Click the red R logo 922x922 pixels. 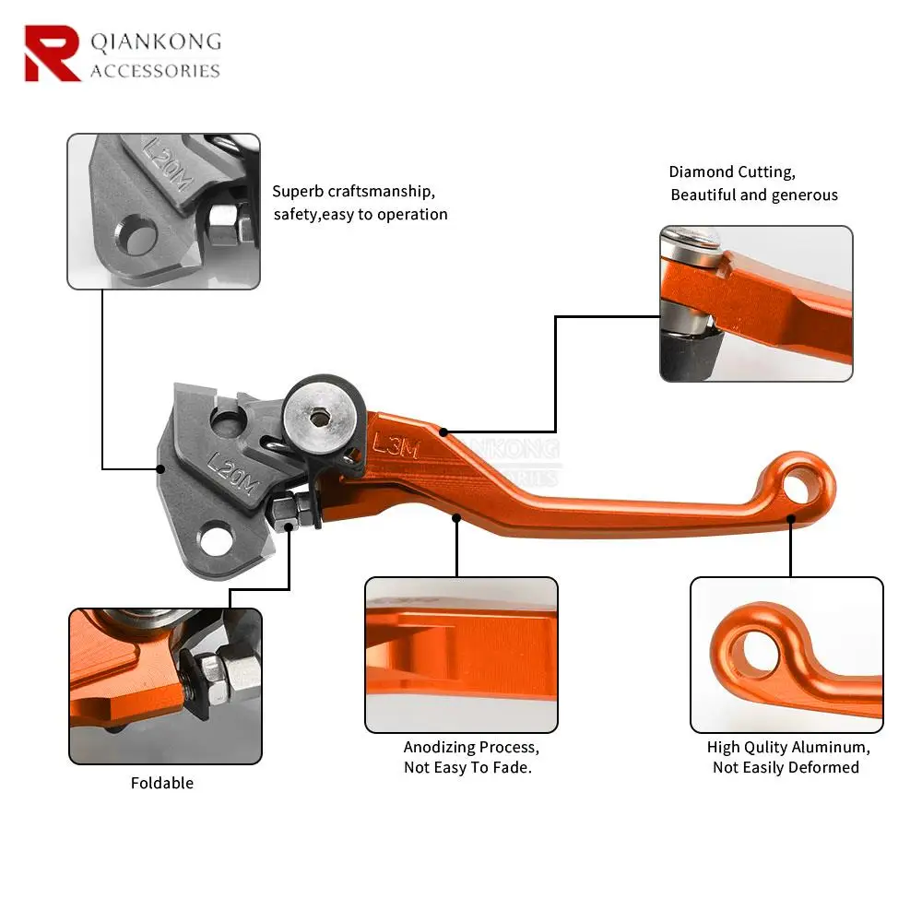[x=52, y=53]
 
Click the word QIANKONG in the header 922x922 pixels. [x=155, y=41]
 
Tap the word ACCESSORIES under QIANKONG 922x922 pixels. [x=155, y=71]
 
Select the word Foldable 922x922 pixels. [x=162, y=783]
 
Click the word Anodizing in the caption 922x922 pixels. [x=439, y=747]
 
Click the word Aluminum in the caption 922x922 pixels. [x=832, y=747]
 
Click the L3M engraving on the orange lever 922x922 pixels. [x=396, y=446]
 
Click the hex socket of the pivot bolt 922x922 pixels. [x=321, y=418]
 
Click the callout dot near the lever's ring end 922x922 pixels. [x=790, y=519]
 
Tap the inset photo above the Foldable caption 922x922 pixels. [x=165, y=686]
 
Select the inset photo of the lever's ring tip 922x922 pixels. [x=786, y=655]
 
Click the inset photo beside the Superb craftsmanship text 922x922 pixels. [x=163, y=211]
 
